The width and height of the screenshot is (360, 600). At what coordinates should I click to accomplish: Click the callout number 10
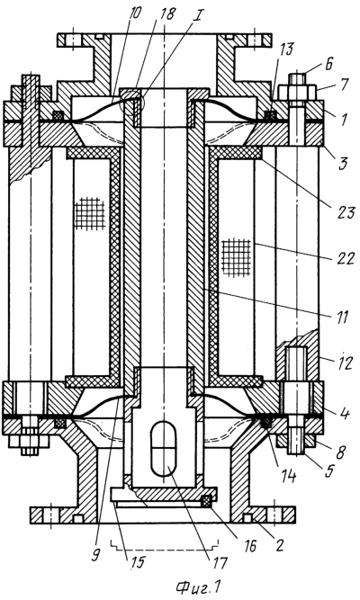(x=136, y=13)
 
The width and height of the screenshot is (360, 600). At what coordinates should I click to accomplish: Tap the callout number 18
(x=167, y=13)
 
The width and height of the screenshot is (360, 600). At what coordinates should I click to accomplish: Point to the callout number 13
(x=286, y=49)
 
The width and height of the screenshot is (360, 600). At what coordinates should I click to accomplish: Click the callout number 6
(x=328, y=64)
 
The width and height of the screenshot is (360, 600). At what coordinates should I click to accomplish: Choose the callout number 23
(x=345, y=212)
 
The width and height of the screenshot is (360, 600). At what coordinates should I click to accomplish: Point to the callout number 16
(x=249, y=546)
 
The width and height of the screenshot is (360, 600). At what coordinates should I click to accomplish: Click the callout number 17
(x=220, y=562)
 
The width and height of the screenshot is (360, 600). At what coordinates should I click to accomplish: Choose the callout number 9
(x=96, y=556)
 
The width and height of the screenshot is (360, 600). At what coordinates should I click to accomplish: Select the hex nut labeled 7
(x=297, y=93)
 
